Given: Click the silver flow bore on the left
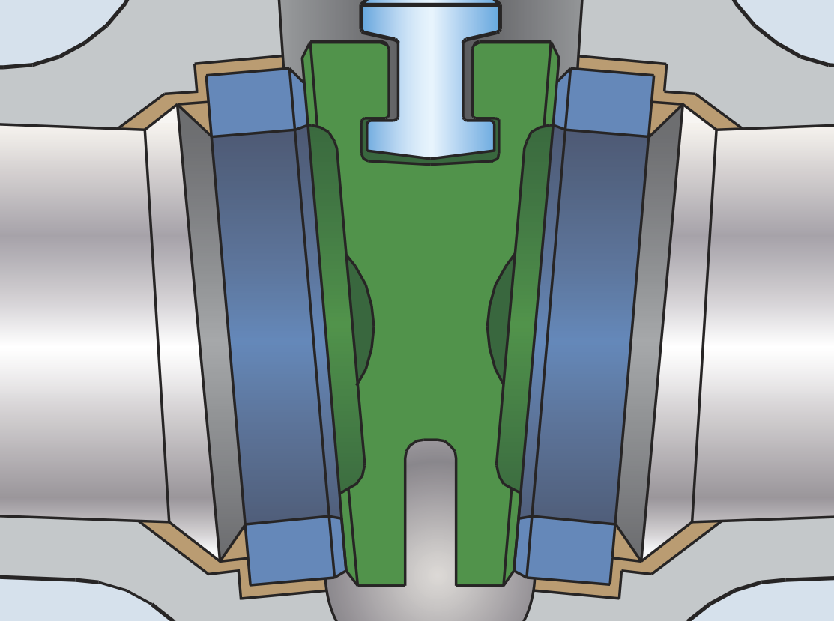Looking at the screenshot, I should pos(75,322).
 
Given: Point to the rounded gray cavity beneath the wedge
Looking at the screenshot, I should pos(430,603).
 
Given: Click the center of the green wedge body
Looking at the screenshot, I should pos(430,300).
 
